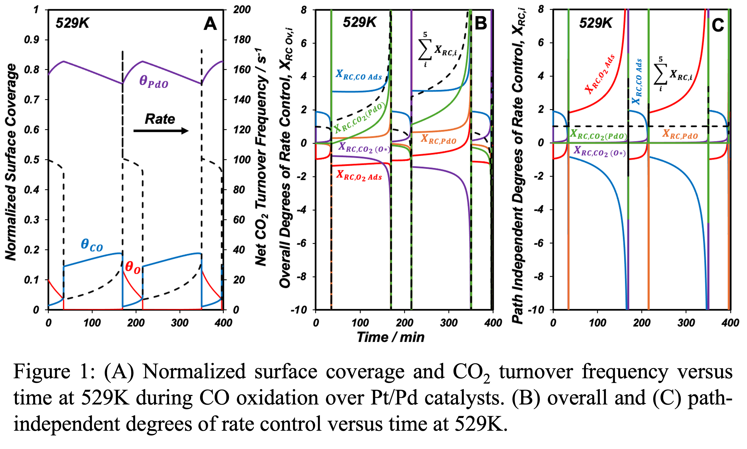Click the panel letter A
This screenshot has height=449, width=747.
click(210, 24)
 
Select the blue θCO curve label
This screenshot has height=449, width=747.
click(92, 245)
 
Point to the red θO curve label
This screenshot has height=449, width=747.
click(133, 268)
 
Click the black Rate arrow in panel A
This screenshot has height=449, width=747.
click(161, 131)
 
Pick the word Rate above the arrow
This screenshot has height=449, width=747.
click(160, 119)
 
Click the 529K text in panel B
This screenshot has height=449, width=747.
click(359, 23)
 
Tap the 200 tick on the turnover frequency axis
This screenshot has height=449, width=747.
click(242, 10)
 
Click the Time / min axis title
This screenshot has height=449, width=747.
click(390, 337)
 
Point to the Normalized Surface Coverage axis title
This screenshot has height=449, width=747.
click(11, 162)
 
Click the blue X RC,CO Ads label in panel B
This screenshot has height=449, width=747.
click(359, 75)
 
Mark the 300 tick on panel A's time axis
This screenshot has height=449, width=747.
click(179, 323)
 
